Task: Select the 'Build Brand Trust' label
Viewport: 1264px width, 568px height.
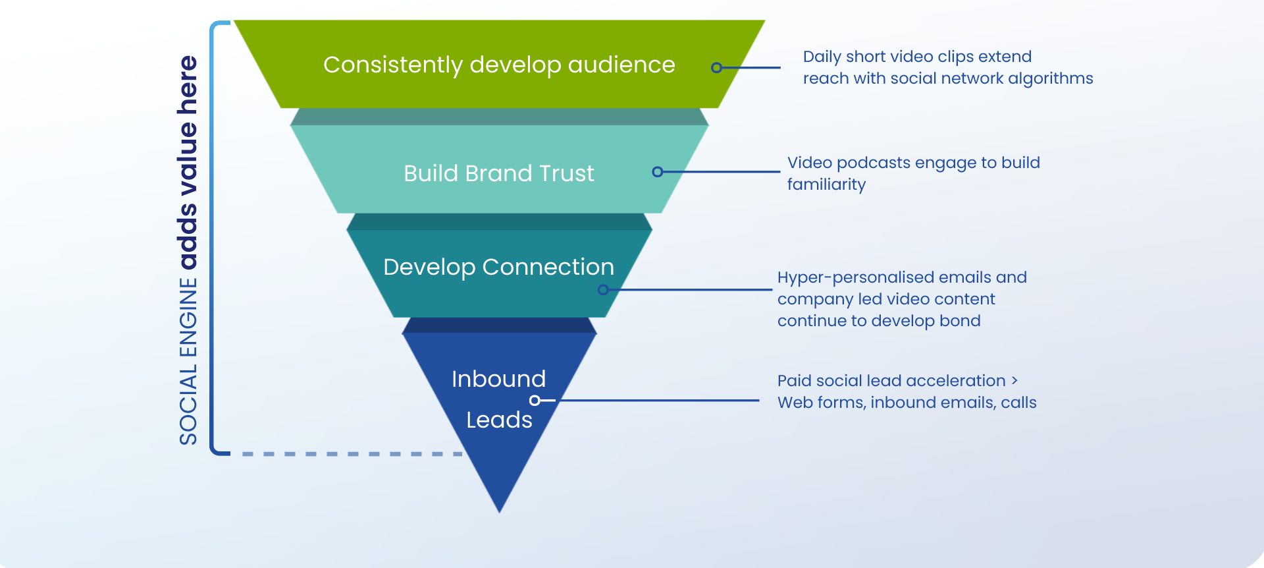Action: [498, 173]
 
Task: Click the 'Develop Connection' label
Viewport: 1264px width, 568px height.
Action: [498, 267]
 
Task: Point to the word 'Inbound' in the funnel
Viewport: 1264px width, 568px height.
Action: [498, 379]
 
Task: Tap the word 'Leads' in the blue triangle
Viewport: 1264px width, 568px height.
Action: [499, 420]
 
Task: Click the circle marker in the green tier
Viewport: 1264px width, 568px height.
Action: [716, 67]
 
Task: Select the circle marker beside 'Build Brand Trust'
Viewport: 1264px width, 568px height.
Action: [657, 172]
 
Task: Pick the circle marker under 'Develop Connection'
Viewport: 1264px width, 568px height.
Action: [603, 289]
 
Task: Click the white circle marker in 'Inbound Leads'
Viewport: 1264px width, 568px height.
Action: [535, 400]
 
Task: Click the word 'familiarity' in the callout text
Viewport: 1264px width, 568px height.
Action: [826, 185]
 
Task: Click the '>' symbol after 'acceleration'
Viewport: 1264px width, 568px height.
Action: [1014, 380]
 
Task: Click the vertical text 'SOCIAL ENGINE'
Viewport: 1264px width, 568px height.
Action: [188, 362]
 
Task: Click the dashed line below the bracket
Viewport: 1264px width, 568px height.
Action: [349, 454]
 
